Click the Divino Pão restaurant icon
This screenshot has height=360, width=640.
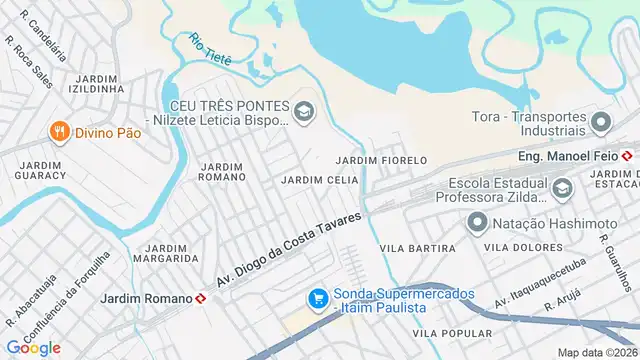pos(60,131)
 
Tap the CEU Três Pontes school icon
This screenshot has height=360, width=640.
pos(304,112)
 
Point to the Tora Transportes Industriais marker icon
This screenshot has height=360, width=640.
pos(601,123)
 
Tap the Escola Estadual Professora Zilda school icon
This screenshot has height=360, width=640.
pos(562,187)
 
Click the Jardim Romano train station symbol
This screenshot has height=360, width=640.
pos(201,298)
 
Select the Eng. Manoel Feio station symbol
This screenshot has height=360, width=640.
pos(626,156)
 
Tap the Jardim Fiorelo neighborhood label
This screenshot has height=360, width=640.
pos(381,160)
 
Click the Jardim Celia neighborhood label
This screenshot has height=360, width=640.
pos(320,180)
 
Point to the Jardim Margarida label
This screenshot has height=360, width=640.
pos(172,253)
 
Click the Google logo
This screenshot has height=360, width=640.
pos(33,348)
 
